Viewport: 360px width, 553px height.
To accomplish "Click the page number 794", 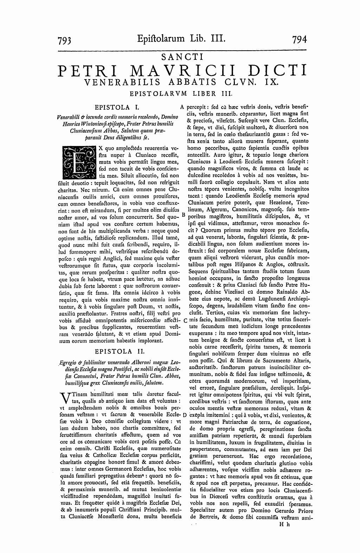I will click(x=299, y=39).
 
